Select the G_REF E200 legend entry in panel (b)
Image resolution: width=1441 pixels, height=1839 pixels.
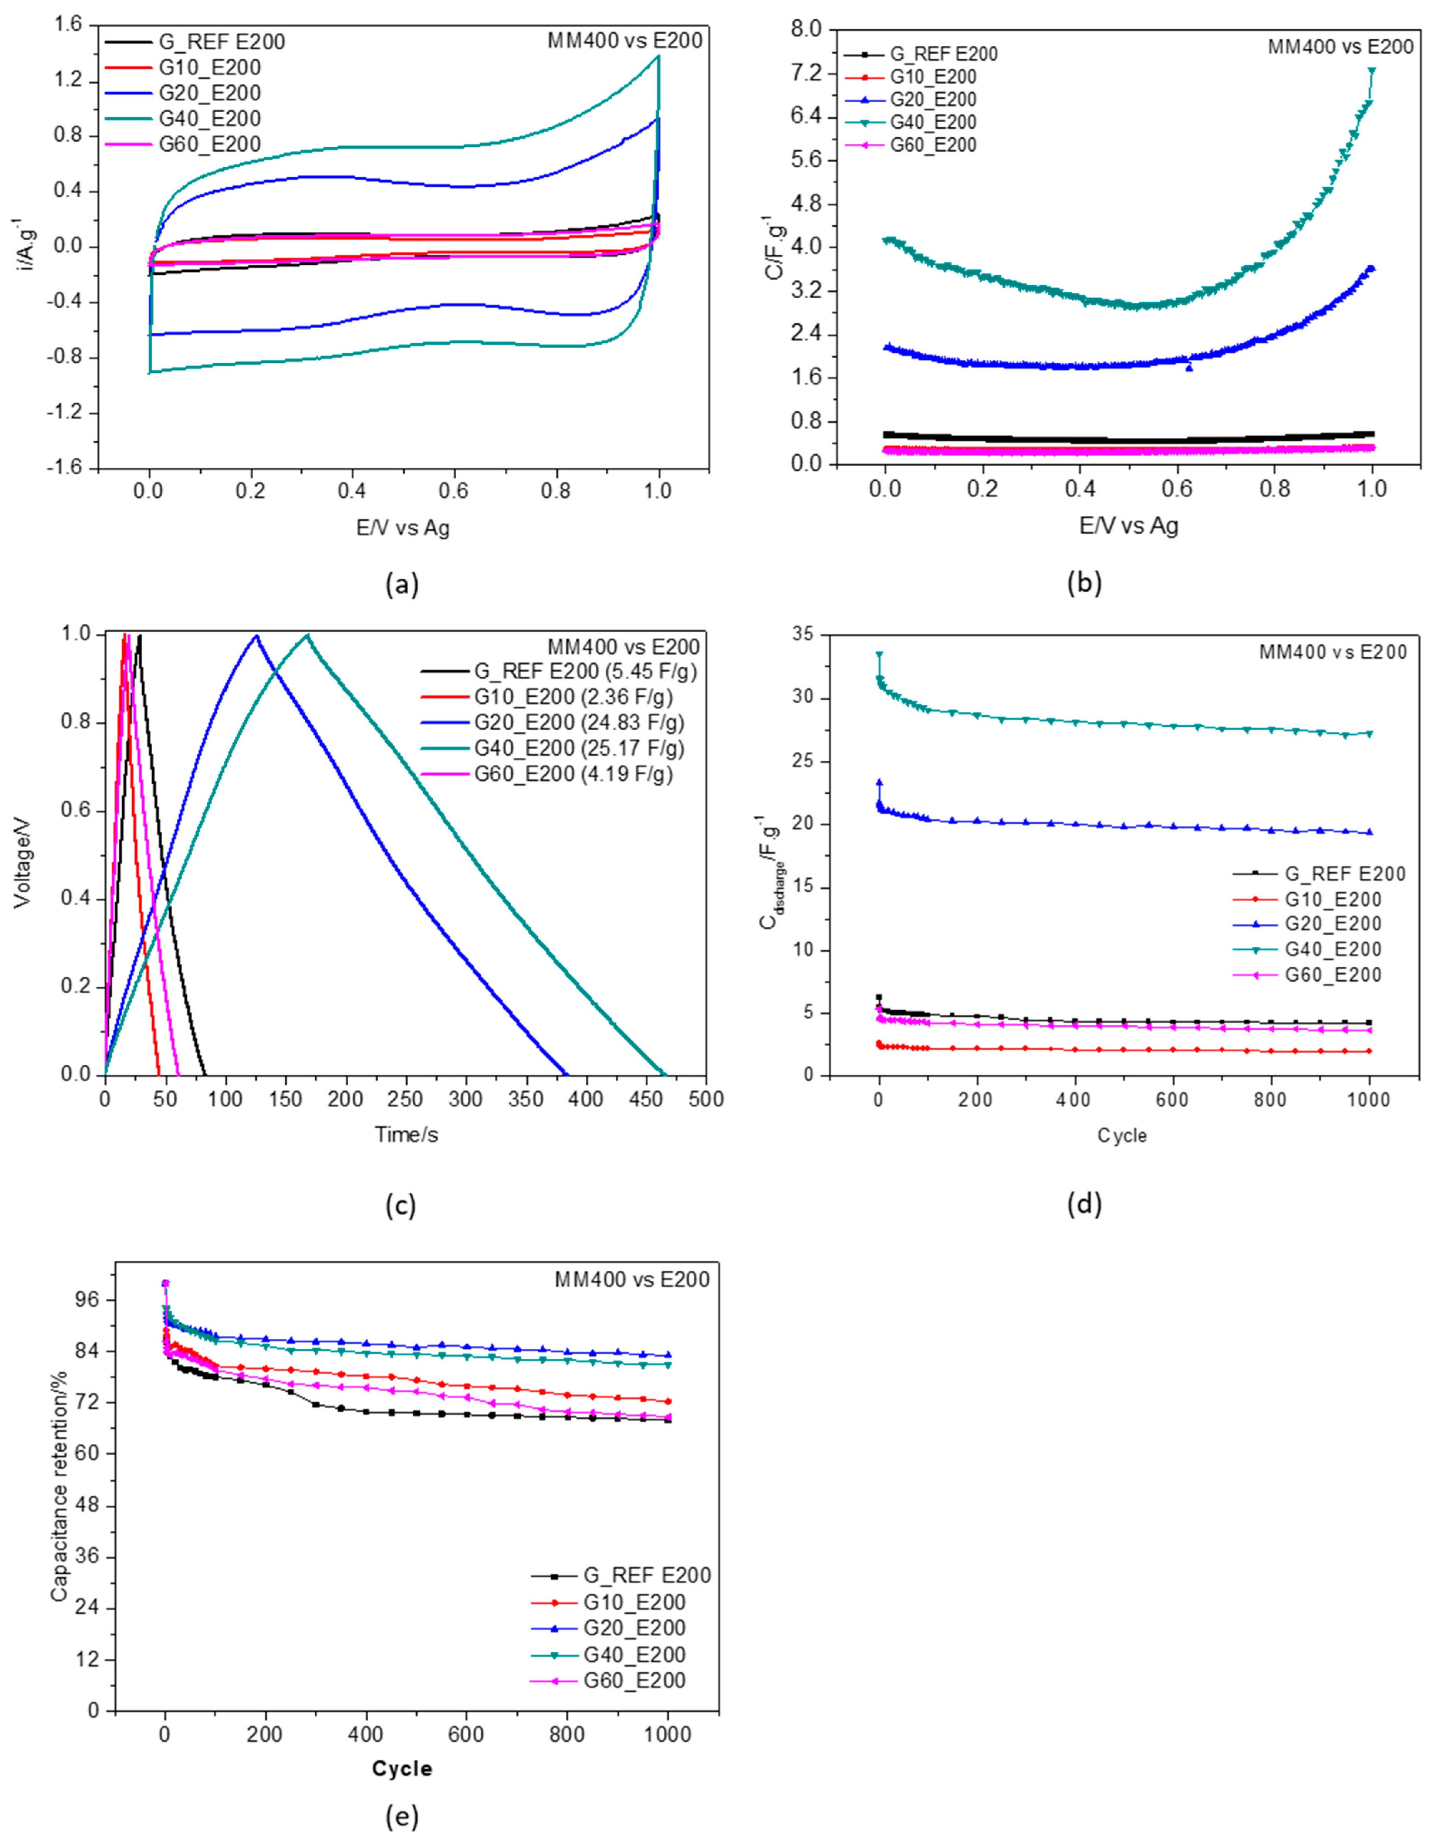coord(943,54)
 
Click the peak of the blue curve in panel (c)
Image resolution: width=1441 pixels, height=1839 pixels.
coord(256,636)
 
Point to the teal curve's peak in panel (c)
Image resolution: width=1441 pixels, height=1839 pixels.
coord(307,636)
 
